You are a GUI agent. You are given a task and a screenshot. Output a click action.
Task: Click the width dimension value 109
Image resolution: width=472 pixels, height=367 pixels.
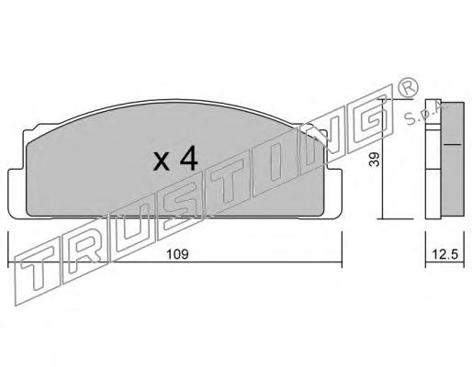(177, 254)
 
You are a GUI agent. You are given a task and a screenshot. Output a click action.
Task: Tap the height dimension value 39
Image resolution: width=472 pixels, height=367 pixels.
(374, 159)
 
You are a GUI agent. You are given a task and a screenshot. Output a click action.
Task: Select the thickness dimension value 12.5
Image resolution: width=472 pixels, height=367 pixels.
(444, 254)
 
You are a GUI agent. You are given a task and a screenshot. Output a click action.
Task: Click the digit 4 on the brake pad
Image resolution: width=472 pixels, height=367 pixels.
(188, 157)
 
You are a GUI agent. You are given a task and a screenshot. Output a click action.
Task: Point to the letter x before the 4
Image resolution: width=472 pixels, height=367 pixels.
(162, 161)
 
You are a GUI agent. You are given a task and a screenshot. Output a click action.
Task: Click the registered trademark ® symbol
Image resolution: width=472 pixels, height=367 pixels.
(408, 87)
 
